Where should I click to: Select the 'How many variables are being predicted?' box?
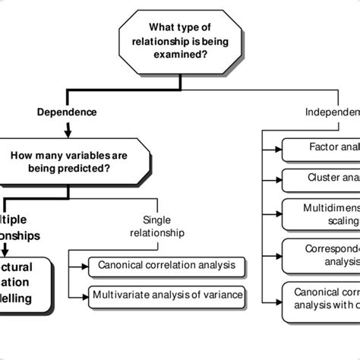pos(69,160)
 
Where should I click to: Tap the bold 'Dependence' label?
pos(67,112)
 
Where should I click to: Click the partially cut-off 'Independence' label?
pos(332,112)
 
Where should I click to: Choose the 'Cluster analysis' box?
pos(321,180)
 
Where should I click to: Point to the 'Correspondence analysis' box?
pos(321,254)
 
